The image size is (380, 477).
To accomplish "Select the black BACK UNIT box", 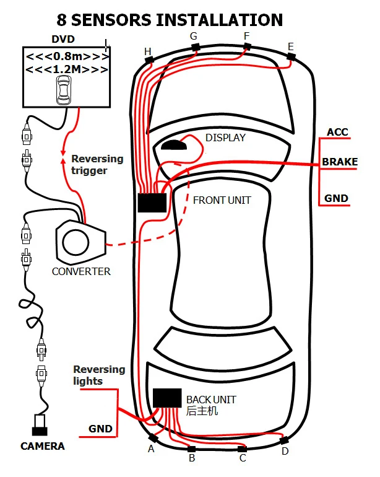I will point(166,397).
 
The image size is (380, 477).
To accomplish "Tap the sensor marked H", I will point(149,59).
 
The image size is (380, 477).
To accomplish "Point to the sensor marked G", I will point(196,47).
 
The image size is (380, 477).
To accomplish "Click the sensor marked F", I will point(247,46).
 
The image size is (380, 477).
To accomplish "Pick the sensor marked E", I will point(291,56).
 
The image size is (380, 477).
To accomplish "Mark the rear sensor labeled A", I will point(153,439).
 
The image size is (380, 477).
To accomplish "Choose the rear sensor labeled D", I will point(284,440).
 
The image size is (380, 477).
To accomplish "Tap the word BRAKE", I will point(339,162).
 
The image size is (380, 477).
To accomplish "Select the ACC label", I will point(337,132).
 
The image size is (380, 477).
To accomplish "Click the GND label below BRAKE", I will point(336,199).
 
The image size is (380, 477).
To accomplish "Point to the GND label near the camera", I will point(100,428).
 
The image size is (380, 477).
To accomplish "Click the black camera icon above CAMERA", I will point(43,427).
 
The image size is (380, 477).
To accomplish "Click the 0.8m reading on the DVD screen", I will point(67,57).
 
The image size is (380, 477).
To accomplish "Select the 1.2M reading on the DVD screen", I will point(67,69).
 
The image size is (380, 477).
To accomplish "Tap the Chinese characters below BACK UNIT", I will point(202,411).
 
